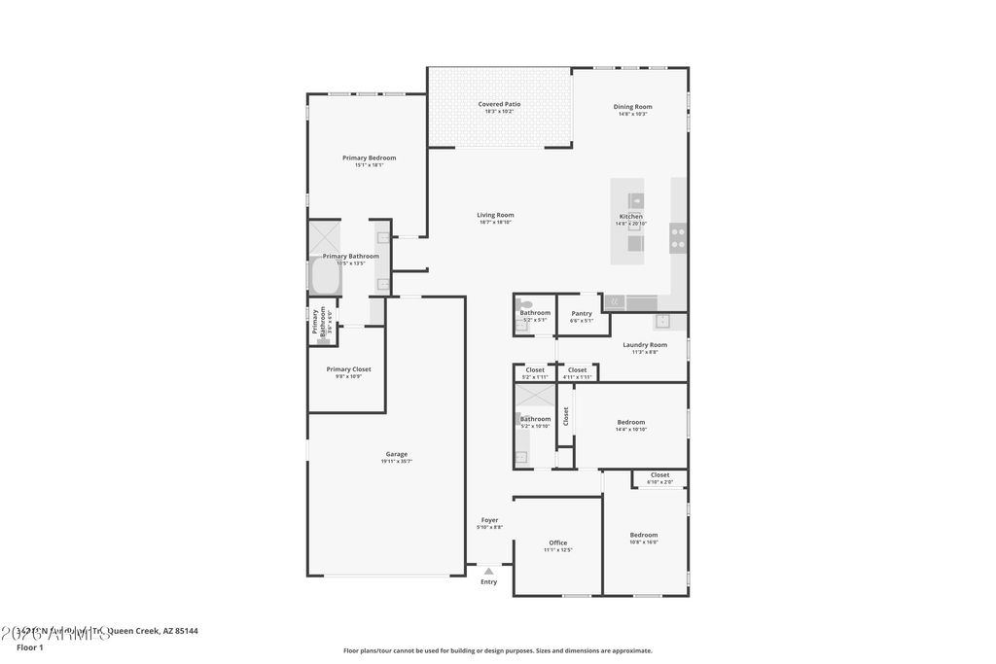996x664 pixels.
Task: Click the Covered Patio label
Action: click(x=499, y=104)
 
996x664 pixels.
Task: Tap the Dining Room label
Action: click(x=632, y=107)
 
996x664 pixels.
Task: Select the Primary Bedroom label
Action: click(x=369, y=157)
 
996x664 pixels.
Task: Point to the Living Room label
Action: click(x=495, y=215)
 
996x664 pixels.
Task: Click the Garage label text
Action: click(x=396, y=454)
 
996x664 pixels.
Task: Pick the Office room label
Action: click(x=557, y=543)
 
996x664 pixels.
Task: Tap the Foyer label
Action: click(x=489, y=520)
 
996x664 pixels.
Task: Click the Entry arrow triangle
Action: click(x=488, y=572)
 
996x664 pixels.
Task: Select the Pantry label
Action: click(x=582, y=314)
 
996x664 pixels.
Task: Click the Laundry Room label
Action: click(x=645, y=344)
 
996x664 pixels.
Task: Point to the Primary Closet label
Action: click(x=348, y=369)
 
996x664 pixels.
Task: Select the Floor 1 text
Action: click(x=30, y=647)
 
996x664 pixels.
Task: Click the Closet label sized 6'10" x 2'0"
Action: click(x=659, y=475)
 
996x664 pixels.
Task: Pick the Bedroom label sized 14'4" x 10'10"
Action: click(x=631, y=422)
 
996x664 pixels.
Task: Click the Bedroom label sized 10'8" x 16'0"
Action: click(x=643, y=535)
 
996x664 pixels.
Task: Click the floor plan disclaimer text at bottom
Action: click(x=497, y=650)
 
